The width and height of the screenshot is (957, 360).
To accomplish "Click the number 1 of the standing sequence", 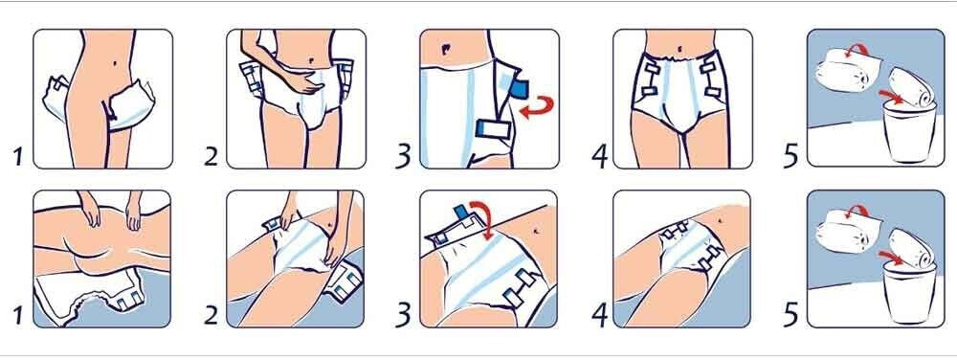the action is click(18, 157).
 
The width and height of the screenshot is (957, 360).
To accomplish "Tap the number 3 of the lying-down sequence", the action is click(403, 315).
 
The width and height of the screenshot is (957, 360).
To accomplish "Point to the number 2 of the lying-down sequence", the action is click(211, 315).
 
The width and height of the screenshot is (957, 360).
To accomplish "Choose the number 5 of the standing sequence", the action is click(791, 156).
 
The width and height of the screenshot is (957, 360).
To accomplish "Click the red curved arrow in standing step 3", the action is click(537, 106).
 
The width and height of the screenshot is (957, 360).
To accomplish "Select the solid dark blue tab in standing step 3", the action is click(518, 89).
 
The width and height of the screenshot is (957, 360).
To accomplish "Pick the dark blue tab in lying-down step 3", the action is click(459, 212).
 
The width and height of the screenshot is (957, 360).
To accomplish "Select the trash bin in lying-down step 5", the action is click(908, 295).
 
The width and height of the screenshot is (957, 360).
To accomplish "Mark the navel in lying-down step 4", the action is click(720, 219).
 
